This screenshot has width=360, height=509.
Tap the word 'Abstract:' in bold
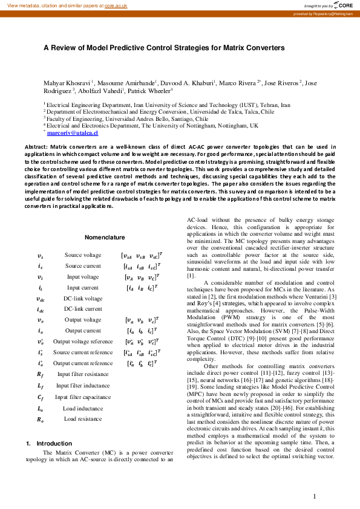click(36, 147)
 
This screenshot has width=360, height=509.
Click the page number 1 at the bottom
click(315, 497)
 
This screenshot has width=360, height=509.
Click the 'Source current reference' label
click(83, 352)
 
